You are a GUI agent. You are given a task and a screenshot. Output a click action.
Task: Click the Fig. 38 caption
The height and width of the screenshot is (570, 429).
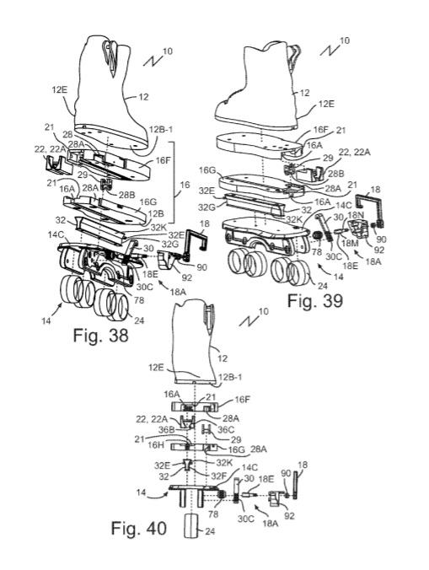tap(100, 335)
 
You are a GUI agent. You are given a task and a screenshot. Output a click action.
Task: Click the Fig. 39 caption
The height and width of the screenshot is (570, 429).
tap(315, 301)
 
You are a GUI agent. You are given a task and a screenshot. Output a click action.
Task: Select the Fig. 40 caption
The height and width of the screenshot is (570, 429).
tap(139, 528)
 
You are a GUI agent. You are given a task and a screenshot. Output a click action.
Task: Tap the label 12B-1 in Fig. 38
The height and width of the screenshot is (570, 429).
tap(161, 130)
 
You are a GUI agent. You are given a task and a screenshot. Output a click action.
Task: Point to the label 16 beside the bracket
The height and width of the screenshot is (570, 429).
tap(185, 185)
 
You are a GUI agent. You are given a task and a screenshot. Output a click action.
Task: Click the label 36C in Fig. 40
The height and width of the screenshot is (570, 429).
tap(226, 430)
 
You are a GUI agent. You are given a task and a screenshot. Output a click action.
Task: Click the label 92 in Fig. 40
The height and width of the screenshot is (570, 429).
tap(289, 516)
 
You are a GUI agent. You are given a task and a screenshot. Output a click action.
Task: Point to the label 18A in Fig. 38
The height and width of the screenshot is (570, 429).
tap(178, 292)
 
